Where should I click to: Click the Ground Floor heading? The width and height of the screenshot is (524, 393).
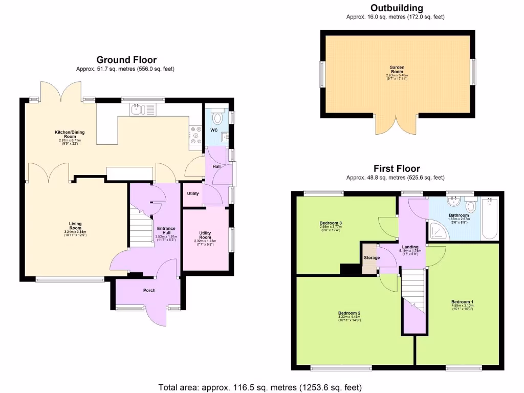126,60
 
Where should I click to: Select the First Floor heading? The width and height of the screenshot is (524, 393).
397,168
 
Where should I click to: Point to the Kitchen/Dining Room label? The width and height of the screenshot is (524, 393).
70,135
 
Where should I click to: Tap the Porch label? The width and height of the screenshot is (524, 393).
149,291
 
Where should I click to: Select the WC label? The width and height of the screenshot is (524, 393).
214,130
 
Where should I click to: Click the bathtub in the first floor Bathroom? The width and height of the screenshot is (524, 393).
489,219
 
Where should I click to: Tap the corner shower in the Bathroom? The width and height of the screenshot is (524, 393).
438,231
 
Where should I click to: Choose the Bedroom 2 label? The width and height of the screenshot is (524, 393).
349,313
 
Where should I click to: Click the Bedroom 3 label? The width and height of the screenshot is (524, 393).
331,223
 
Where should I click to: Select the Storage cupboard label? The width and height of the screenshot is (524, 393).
372,257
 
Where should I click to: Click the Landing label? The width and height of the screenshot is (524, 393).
410,247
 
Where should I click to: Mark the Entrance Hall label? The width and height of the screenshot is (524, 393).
166,230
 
